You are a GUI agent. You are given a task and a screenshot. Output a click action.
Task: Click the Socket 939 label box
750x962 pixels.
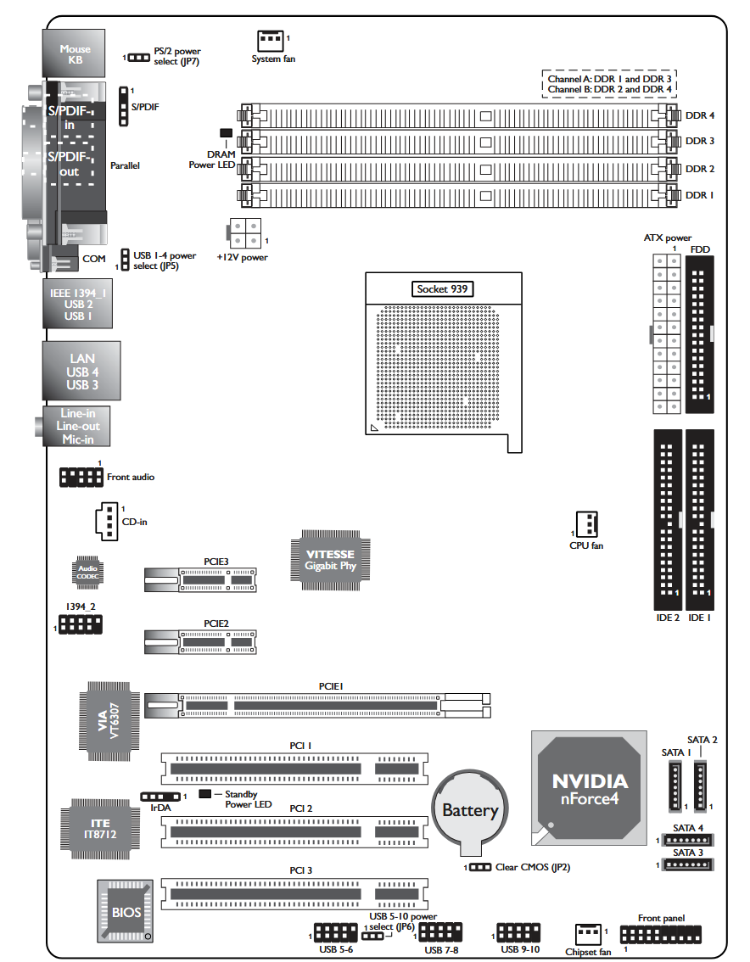click(x=442, y=289)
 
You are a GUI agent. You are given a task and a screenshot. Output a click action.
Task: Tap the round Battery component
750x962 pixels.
click(x=470, y=810)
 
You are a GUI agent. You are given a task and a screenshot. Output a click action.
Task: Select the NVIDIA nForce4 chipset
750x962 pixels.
click(x=589, y=788)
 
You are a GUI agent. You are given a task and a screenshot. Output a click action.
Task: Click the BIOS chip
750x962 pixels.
click(x=126, y=911)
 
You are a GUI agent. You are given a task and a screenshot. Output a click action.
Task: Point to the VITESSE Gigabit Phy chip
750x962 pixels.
click(x=330, y=560)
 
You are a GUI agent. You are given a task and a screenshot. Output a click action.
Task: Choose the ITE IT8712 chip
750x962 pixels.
click(x=100, y=829)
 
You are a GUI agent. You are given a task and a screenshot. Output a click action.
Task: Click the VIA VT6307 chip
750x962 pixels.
click(x=109, y=721)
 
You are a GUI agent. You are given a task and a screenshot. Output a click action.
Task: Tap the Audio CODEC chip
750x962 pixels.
click(x=87, y=573)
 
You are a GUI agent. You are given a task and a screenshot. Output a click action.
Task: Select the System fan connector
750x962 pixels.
click(x=271, y=41)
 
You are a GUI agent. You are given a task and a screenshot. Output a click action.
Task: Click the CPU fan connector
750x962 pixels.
click(x=587, y=524)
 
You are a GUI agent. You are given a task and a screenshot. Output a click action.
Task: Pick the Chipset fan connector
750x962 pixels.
click(x=588, y=934)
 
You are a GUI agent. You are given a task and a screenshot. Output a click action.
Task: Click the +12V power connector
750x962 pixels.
click(x=245, y=234)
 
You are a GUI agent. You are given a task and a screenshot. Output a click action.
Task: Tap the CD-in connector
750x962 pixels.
click(x=107, y=522)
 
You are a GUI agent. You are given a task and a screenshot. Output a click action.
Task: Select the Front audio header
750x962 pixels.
click(x=81, y=478)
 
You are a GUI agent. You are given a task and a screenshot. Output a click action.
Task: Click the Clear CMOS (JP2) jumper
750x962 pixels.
click(x=480, y=867)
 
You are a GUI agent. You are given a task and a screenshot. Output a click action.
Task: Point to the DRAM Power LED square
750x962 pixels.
click(x=226, y=132)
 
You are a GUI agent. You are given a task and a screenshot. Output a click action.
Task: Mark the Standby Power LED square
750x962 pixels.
click(x=205, y=794)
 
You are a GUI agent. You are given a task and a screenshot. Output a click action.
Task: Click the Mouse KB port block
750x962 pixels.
click(x=74, y=53)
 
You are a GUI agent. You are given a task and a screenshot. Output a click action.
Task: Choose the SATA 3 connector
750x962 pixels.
click(x=687, y=864)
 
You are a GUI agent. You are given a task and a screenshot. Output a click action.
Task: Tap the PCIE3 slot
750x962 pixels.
click(x=200, y=579)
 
